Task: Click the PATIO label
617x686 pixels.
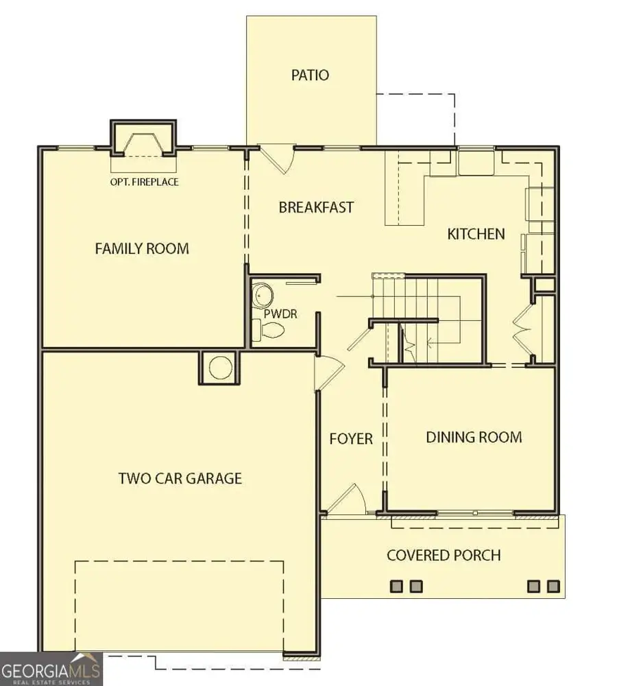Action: pyautogui.click(x=311, y=75)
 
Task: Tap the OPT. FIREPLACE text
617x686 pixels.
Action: pyautogui.click(x=144, y=182)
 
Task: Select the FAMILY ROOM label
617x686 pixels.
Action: pyautogui.click(x=142, y=248)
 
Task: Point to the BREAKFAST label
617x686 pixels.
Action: pyautogui.click(x=316, y=206)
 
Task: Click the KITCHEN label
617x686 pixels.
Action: pyautogui.click(x=476, y=234)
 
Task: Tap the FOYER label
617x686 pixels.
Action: pyautogui.click(x=350, y=438)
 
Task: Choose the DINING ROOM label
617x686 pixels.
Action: pyautogui.click(x=474, y=437)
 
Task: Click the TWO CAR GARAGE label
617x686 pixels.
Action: pyautogui.click(x=180, y=478)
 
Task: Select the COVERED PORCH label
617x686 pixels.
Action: pyautogui.click(x=444, y=555)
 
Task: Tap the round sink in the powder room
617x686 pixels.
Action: pyautogui.click(x=262, y=296)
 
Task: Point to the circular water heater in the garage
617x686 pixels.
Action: pyautogui.click(x=219, y=368)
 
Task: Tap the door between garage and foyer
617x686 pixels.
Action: pyautogui.click(x=328, y=374)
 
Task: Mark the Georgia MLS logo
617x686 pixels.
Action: pyautogui.click(x=51, y=669)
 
